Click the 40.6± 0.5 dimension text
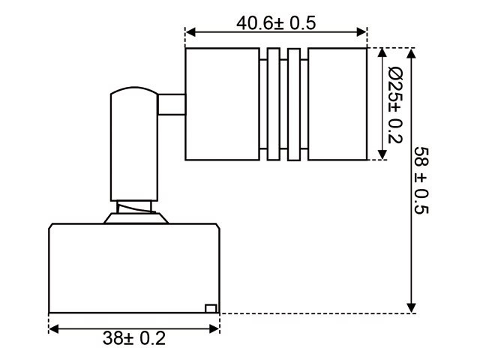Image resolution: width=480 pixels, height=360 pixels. (276, 23)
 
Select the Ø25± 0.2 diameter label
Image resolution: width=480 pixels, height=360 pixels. (395, 105)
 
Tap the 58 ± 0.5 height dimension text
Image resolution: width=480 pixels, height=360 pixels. (421, 180)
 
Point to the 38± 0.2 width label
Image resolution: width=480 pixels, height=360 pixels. (134, 338)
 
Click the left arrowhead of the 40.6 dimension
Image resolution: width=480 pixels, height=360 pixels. (190, 31)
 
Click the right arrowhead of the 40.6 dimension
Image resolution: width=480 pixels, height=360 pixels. (361, 31)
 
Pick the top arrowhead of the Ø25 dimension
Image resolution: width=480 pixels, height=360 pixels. (382, 53)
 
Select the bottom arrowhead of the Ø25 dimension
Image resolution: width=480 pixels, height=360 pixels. (382, 154)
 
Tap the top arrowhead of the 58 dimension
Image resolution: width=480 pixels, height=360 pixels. (412, 53)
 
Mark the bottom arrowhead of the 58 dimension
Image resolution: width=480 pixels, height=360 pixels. (412, 308)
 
